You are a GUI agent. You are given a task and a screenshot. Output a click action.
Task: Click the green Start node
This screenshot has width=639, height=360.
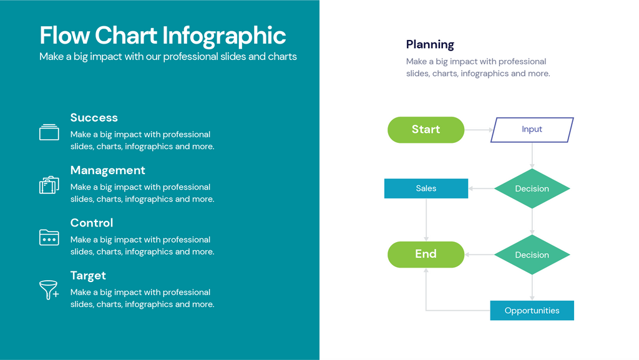426,130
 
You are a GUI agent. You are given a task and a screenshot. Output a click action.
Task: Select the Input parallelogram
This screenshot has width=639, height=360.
532,130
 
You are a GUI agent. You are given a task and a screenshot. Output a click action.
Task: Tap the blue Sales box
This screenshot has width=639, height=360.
426,188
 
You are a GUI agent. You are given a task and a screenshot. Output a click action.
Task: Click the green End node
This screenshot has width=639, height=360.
426,255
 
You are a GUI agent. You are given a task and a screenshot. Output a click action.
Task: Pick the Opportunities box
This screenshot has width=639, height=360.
532,311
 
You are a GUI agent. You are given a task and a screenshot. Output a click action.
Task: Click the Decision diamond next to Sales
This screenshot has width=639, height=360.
532,188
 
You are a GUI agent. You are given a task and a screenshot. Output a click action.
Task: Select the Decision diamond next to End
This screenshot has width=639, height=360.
532,255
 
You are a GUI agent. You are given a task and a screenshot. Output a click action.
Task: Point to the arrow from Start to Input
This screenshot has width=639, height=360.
478,130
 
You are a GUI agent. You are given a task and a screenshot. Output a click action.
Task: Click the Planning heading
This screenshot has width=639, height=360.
430,44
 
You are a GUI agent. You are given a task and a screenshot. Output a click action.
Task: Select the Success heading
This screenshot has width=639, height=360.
94,118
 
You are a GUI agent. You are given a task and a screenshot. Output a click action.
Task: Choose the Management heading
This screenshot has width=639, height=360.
107,170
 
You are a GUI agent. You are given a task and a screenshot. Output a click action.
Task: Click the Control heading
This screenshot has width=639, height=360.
92,223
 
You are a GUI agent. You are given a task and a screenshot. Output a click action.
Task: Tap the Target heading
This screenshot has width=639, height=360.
88,276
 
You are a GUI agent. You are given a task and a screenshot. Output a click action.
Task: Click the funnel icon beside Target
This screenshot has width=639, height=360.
49,289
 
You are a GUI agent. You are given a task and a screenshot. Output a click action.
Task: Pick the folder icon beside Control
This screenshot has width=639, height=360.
49,237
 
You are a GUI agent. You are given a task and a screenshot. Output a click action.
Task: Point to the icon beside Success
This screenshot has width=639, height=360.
49,132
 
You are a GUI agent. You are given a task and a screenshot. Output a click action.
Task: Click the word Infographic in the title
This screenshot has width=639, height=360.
225,36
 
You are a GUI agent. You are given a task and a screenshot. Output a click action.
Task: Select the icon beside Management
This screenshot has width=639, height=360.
49,185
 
